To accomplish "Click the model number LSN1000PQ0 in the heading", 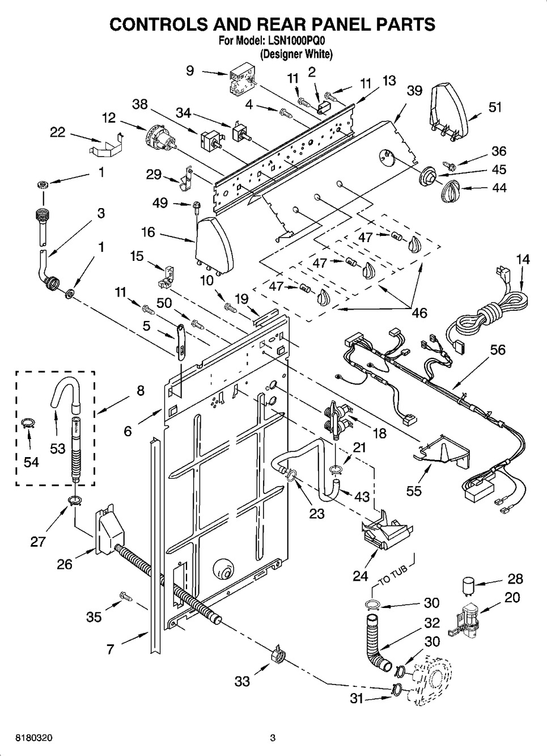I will click(298, 41).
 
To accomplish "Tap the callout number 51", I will click(495, 107).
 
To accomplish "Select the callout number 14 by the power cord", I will click(523, 260).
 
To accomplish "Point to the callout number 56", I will click(498, 350).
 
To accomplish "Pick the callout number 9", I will click(190, 70).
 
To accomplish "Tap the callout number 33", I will click(242, 681).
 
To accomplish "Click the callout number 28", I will click(515, 579).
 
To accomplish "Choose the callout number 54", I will click(31, 462).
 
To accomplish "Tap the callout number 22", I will click(57, 132).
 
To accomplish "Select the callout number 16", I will click(148, 233).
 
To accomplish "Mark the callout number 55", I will click(414, 491).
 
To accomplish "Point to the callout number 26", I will click(65, 564).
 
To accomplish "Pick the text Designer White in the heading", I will click(295, 55).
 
